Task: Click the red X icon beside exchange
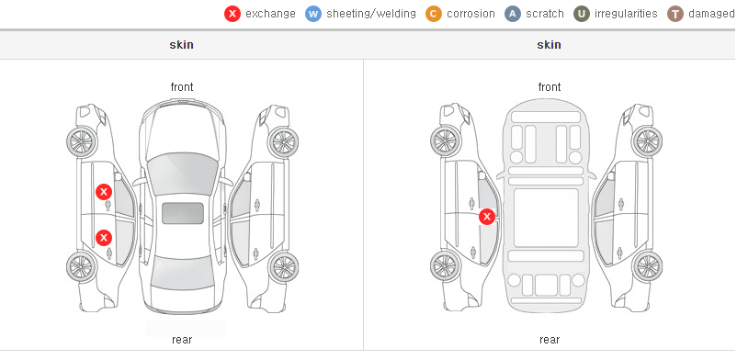click(x=232, y=14)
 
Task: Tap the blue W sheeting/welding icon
click(x=313, y=14)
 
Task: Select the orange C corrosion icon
click(x=434, y=14)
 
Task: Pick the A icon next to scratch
click(x=513, y=14)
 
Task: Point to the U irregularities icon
click(x=582, y=14)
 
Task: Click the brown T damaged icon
click(x=675, y=14)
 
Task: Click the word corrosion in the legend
click(x=471, y=14)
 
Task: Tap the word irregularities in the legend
click(x=626, y=14)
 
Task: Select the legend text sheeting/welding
click(x=371, y=14)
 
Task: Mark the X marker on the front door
click(x=104, y=192)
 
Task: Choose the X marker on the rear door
click(x=104, y=238)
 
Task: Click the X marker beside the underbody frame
click(x=487, y=217)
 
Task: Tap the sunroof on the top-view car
click(x=183, y=213)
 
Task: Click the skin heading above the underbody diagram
click(x=549, y=45)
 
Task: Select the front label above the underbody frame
click(x=550, y=87)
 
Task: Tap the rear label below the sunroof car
click(x=182, y=340)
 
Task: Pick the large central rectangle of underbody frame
click(x=546, y=218)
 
